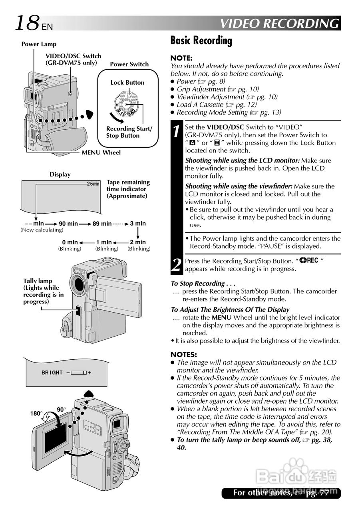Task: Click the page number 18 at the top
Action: point(27,23)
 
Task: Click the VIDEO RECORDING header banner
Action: point(280,24)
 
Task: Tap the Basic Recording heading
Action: point(201,41)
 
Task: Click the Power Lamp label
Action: point(39,44)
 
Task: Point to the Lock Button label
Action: point(127,83)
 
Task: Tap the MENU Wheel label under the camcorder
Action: point(101,153)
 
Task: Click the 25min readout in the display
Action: point(93,184)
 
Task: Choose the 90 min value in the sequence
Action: point(68,224)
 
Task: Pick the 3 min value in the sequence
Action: point(138,224)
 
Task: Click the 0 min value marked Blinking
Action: point(70,242)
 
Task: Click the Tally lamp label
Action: point(38,281)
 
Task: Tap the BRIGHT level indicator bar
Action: point(79,372)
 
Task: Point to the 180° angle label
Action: point(36,414)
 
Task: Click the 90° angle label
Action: point(61,410)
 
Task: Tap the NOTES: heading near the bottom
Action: point(184,355)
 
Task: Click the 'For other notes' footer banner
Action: point(281,493)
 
